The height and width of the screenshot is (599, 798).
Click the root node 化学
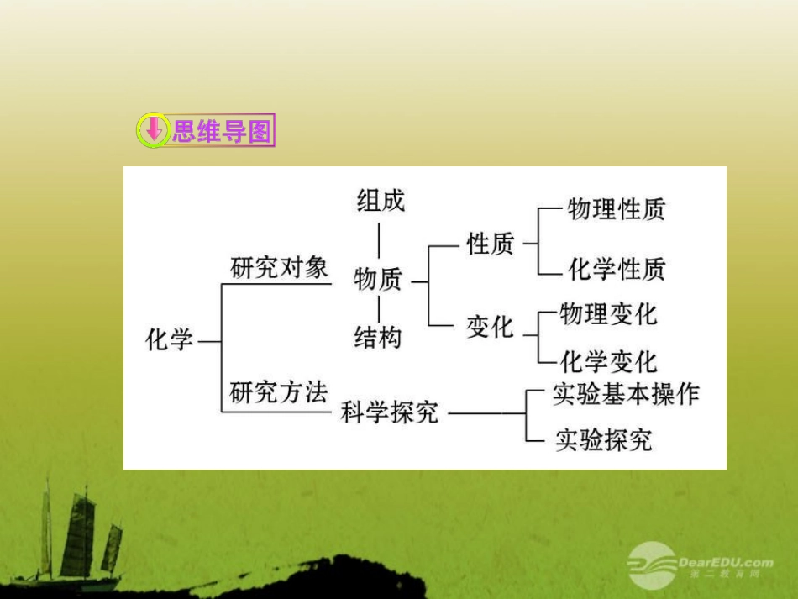170,340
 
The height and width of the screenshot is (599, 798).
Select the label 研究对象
280,268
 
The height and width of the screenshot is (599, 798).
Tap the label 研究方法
278,392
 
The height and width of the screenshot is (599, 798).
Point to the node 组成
381,200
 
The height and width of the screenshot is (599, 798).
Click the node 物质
378,279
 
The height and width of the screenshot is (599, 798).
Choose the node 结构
378,338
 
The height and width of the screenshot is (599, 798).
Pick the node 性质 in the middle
491,244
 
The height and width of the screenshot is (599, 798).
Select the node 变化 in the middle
491,327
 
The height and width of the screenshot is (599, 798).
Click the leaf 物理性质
616,209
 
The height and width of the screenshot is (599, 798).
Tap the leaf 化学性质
617,269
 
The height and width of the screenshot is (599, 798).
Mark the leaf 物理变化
608,314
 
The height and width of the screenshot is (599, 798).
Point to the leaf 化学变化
608,362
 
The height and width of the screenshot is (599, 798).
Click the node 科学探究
390,412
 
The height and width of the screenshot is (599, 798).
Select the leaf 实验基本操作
626,394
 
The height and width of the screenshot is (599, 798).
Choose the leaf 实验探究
603,439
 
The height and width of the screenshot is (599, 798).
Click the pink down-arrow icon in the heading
153,131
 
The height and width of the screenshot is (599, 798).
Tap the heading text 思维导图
222,131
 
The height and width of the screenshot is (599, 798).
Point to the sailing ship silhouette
80,538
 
